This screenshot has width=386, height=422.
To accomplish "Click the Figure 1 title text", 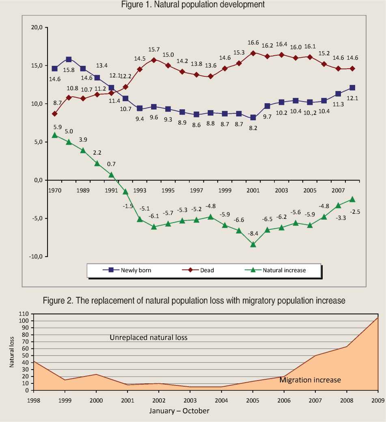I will (x=193, y=4).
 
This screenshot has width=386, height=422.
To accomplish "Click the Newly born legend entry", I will (x=136, y=270).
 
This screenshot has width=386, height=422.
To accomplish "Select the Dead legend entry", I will (x=207, y=270).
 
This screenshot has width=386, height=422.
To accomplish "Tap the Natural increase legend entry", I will (x=284, y=270).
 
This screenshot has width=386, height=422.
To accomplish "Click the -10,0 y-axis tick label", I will (x=37, y=256).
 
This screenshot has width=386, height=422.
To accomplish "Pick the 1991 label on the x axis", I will (x=112, y=190).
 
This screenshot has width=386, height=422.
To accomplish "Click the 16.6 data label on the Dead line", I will (x=253, y=43).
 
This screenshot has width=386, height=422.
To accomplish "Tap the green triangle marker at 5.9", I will (x=55, y=135).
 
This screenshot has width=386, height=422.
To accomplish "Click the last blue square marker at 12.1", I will (x=352, y=88).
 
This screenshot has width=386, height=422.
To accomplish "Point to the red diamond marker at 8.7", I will (x=55, y=114).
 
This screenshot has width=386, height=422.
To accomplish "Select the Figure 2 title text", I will (x=194, y=301).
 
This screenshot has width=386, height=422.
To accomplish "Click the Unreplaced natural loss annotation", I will (x=148, y=338).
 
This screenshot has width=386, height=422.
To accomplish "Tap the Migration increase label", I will (x=310, y=380).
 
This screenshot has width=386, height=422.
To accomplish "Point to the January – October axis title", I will (x=179, y=411).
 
